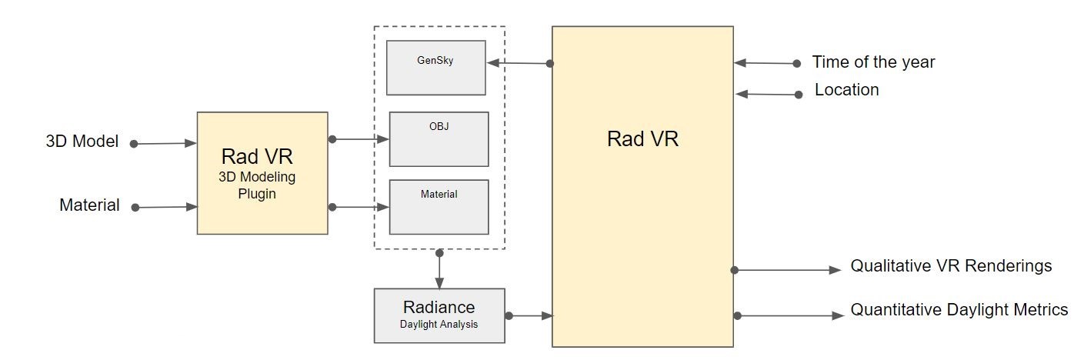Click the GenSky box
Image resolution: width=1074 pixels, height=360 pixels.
(436, 68)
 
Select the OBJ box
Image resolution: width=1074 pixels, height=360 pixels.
(439, 139)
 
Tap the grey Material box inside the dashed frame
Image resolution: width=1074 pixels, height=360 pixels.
(439, 207)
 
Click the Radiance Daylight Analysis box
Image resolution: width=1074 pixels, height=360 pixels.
(439, 315)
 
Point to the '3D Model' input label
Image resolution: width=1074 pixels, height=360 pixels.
(82, 141)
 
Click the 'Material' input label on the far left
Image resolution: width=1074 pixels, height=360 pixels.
(89, 205)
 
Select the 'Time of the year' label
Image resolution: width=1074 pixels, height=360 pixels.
(873, 62)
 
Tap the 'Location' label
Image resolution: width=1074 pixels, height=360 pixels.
(847, 90)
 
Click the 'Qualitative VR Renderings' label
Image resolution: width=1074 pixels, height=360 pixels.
(951, 265)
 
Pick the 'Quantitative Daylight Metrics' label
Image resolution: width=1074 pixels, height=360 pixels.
(959, 309)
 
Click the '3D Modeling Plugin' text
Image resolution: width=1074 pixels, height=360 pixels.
(257, 185)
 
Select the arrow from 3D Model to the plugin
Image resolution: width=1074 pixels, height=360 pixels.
(164, 143)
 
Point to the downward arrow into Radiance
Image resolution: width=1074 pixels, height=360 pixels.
(439, 269)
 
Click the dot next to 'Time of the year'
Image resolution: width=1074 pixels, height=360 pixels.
(796, 63)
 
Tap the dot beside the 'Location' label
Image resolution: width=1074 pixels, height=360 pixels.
(799, 95)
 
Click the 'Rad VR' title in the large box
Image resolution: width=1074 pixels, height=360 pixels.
(642, 139)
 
